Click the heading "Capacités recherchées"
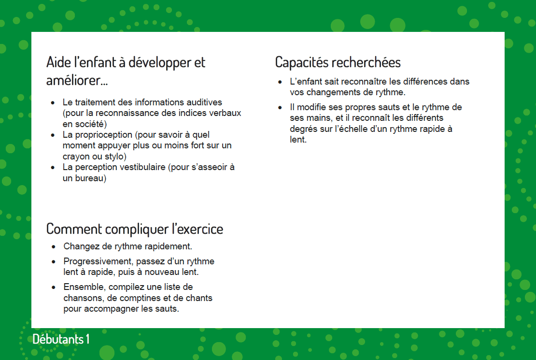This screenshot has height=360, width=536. (338, 62)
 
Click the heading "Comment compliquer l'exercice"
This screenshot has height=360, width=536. (135, 229)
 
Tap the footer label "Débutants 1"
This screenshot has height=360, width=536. (61, 339)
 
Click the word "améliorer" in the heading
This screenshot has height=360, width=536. (75, 80)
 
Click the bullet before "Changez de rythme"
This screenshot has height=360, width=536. (54, 247)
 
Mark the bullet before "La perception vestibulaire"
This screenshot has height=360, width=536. (53, 168)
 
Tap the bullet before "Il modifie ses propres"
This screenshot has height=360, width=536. (281, 107)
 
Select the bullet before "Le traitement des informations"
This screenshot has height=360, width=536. (53, 103)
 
